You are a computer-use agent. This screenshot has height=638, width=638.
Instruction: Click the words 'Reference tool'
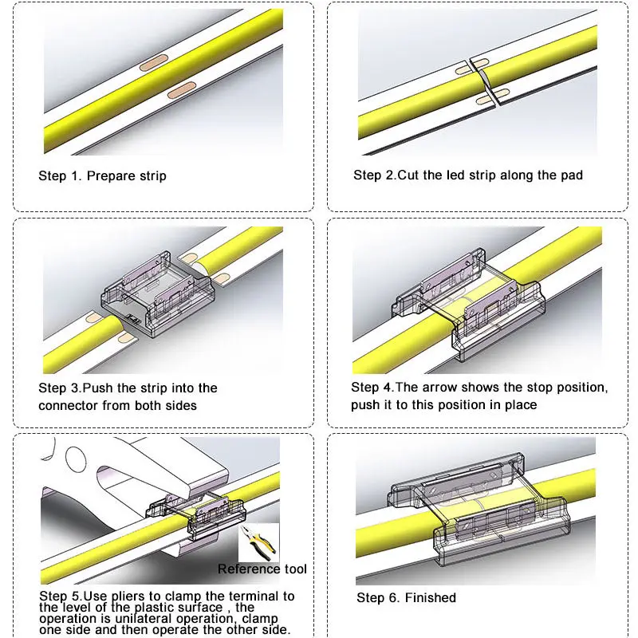click(262, 569)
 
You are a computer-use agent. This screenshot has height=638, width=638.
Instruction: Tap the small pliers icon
click(258, 543)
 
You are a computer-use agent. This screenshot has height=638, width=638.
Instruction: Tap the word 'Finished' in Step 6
click(431, 597)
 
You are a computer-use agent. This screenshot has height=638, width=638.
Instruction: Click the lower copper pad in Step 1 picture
click(182, 90)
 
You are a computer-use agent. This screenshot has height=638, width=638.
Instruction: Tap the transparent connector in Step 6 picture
click(479, 508)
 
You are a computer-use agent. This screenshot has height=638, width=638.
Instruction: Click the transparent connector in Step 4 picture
click(468, 305)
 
